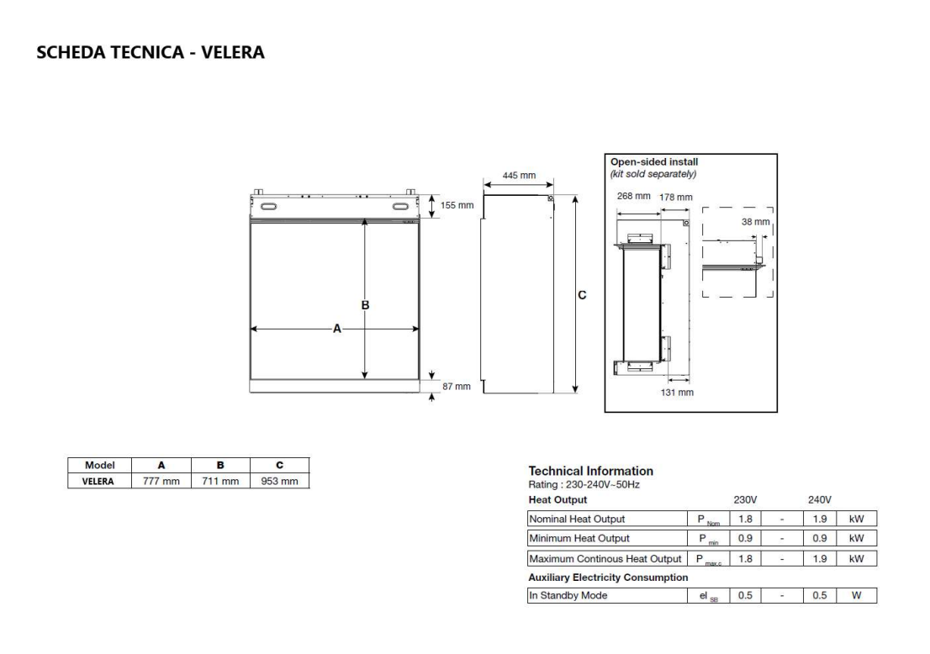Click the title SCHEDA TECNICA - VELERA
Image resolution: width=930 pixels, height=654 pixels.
tap(151, 53)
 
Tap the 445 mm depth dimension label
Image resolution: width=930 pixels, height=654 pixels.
tap(519, 176)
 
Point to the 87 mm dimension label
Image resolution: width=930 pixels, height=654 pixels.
tap(457, 387)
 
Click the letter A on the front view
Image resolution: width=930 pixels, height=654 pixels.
tap(336, 330)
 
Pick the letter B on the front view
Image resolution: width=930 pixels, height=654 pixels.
tap(365, 304)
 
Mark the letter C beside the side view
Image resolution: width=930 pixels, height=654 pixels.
tap(582, 295)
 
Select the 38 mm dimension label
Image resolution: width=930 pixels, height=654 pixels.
tap(755, 223)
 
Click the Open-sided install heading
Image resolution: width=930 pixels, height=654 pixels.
tap(653, 162)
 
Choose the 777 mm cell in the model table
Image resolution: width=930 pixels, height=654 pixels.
tap(161, 482)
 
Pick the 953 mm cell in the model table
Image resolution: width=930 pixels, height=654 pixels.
tap(279, 482)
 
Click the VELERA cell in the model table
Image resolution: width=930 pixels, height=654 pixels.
tap(98, 482)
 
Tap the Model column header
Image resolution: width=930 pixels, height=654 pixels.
tap(98, 466)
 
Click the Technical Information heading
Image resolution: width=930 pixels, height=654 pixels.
tap(590, 471)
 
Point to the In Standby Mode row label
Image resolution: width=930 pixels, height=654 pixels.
tap(568, 595)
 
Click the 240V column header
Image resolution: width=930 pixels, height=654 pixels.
tap(819, 499)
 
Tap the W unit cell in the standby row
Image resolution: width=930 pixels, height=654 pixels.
tap(856, 595)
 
